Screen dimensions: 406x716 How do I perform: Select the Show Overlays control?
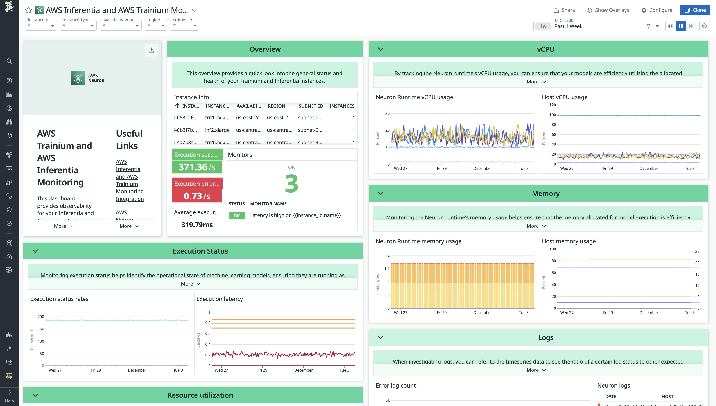click(x=608, y=10)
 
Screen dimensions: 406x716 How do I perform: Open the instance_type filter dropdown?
click(x=78, y=25)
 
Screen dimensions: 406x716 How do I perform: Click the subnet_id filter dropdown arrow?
click(x=195, y=25)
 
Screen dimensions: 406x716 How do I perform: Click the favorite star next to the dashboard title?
click(x=28, y=10)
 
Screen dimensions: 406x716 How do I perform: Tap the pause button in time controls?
click(x=680, y=26)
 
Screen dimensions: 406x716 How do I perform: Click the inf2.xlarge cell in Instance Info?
click(x=217, y=130)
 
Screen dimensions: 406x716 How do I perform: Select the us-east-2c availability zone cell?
click(x=247, y=117)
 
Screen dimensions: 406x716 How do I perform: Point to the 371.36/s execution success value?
click(x=197, y=167)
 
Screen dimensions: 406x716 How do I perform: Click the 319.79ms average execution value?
click(x=197, y=225)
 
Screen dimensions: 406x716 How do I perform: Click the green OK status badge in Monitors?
click(x=236, y=215)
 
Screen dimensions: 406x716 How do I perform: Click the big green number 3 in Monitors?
click(x=291, y=184)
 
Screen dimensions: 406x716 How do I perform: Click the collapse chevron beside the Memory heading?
click(x=380, y=193)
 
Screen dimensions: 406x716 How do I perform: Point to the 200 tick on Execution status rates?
click(x=41, y=317)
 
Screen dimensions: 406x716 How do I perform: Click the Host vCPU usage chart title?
click(x=564, y=97)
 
